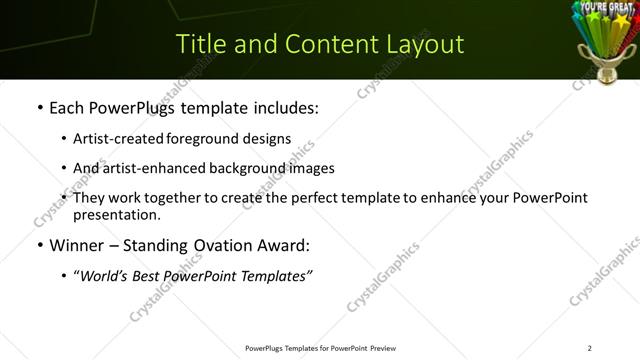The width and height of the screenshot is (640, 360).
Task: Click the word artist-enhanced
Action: pyautogui.click(x=150, y=168)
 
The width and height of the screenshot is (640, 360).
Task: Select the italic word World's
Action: pyautogui.click(x=105, y=276)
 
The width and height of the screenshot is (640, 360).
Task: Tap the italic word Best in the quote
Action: pyautogui.click(x=150, y=276)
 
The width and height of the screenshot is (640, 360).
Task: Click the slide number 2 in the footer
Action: pyautogui.click(x=589, y=348)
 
